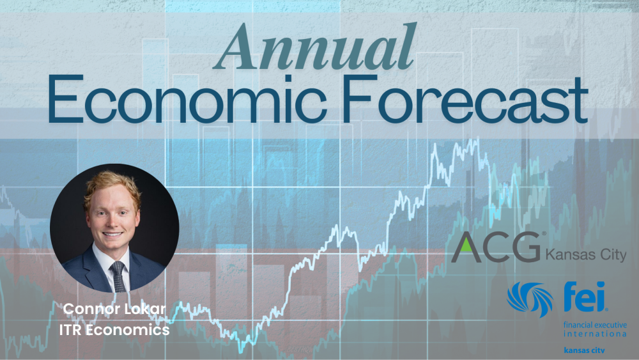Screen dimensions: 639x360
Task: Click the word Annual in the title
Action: (x=314, y=47)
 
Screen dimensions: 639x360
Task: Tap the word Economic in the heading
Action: (x=187, y=100)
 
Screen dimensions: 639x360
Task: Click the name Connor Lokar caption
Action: (x=114, y=309)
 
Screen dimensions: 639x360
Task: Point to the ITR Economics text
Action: (x=114, y=329)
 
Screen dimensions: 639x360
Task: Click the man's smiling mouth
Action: (x=112, y=235)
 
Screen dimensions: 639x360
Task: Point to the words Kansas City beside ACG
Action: (x=585, y=254)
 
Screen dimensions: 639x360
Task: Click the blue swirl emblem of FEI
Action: (x=530, y=299)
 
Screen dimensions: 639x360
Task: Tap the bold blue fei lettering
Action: (x=585, y=297)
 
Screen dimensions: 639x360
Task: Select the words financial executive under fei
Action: (x=595, y=325)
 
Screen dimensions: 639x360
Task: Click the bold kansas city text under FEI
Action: (x=585, y=350)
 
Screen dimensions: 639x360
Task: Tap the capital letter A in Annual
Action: (x=237, y=48)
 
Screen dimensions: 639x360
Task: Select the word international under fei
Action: (x=595, y=334)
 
